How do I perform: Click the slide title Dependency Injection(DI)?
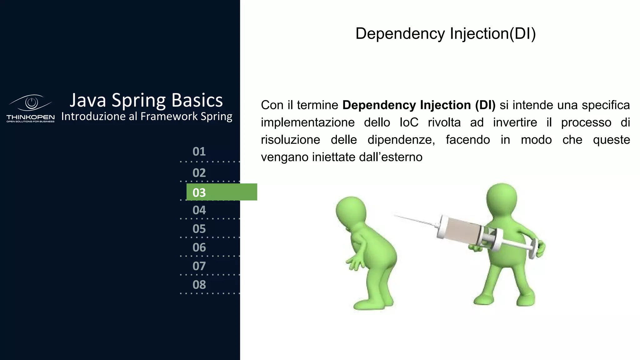coord(446,34)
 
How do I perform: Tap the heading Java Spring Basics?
coord(146,100)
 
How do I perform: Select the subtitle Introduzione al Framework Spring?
coord(147,116)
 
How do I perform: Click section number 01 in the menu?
coord(199,152)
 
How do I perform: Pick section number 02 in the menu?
coord(199,173)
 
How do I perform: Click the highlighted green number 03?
coord(199,192)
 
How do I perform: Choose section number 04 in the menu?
coord(199,210)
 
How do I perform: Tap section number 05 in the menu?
coord(199,229)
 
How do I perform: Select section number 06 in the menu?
coord(199,247)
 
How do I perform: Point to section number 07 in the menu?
coord(199,266)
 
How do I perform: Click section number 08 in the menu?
coord(199,285)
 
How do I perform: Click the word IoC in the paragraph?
coord(409,122)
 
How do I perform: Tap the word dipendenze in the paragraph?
coord(401,140)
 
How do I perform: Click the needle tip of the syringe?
coord(396,215)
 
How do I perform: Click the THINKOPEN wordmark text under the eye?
coord(31,117)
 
